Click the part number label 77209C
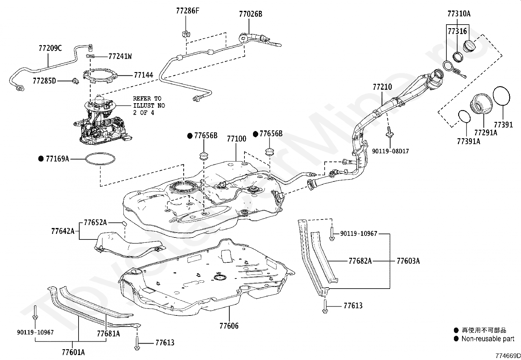(x=50, y=48)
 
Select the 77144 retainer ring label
(x=144, y=75)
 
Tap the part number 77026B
(x=250, y=14)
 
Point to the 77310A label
(x=459, y=14)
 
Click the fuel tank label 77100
(x=236, y=139)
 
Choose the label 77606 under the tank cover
(x=229, y=326)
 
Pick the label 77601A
(x=73, y=352)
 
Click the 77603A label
(x=408, y=261)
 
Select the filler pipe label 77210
(x=382, y=87)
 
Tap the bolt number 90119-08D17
(x=390, y=151)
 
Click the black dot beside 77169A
(x=41, y=159)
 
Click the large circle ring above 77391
(x=501, y=87)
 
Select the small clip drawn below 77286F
(x=186, y=34)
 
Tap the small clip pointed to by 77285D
(x=76, y=81)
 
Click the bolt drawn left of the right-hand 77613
(x=325, y=307)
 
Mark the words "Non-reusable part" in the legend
(x=488, y=339)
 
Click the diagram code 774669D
(x=508, y=356)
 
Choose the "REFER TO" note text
(x=147, y=99)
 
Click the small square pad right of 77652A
(x=124, y=224)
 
